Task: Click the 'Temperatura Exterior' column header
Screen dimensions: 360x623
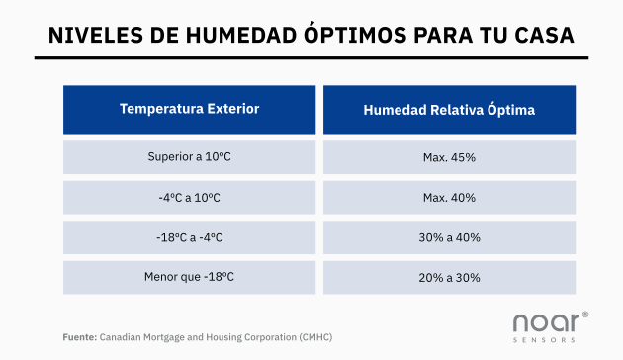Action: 189,109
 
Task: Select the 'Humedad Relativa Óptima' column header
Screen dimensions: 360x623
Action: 449,110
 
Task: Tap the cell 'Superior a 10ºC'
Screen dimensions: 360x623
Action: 189,157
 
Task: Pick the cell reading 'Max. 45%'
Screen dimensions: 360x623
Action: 449,157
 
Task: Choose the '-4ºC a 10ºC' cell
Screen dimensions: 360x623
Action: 189,197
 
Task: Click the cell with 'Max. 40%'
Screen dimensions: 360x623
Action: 449,197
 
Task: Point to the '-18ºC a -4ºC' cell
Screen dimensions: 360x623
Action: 189,237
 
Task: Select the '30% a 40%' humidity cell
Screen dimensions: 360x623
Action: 449,237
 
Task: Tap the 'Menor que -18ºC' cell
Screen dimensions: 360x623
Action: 189,277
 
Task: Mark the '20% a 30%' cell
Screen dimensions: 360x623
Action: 449,277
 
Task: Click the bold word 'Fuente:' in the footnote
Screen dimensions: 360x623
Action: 78,336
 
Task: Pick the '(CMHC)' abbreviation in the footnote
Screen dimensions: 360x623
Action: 314,336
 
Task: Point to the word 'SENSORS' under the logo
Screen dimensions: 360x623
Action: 545,340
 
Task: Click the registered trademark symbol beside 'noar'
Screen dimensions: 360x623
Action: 585,315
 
